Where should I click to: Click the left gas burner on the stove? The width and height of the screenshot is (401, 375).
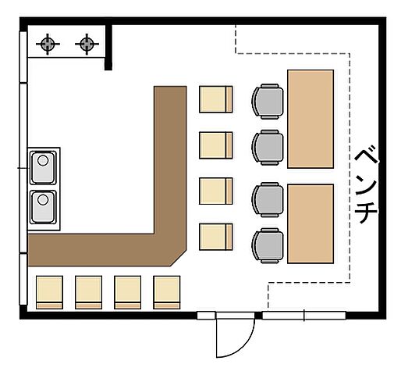[48, 44]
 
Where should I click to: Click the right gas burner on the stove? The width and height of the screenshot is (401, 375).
[87, 44]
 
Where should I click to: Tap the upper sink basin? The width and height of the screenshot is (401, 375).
[43, 167]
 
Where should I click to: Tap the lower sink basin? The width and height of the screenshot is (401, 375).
[43, 207]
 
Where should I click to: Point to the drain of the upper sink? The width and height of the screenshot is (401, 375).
[43, 160]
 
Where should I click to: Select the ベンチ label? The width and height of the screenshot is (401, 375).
[366, 186]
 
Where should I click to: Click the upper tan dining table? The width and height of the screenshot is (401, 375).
[311, 119]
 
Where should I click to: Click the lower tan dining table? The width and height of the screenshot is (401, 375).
[311, 223]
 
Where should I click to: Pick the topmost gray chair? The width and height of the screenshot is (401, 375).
[268, 102]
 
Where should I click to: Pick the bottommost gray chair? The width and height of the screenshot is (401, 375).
[268, 245]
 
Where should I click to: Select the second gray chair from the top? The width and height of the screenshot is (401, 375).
[268, 148]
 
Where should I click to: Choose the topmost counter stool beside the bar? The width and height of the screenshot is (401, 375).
[216, 99]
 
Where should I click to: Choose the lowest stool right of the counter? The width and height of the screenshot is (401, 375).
[216, 237]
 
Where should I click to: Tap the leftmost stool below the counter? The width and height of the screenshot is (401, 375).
[49, 292]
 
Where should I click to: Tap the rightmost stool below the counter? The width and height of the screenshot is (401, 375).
[167, 292]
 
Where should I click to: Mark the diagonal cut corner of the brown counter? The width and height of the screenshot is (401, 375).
[179, 259]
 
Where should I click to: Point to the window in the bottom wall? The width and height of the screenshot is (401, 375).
[303, 315]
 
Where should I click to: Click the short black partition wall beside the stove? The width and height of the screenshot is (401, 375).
[108, 47]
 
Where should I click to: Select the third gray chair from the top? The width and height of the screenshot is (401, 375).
[268, 199]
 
